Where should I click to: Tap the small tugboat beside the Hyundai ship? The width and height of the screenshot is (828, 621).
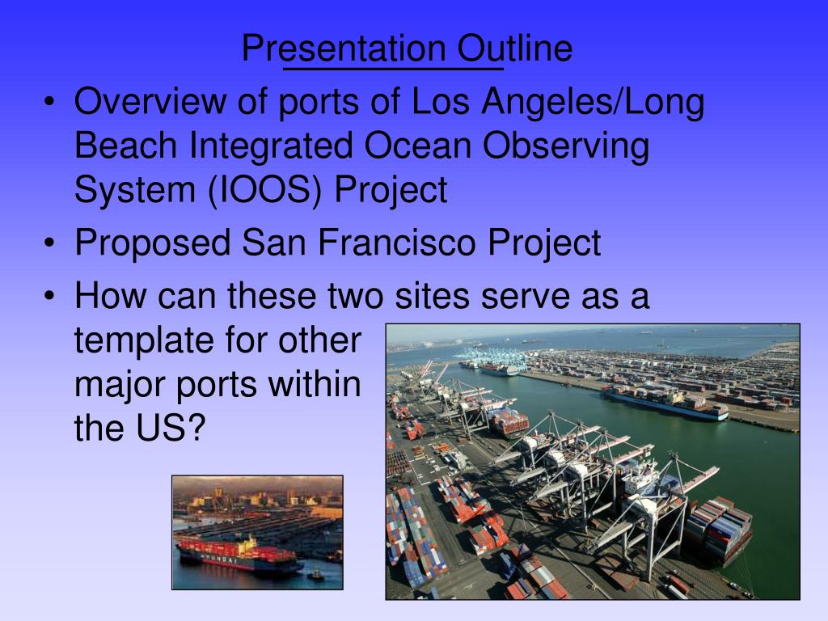[x=315, y=575]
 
